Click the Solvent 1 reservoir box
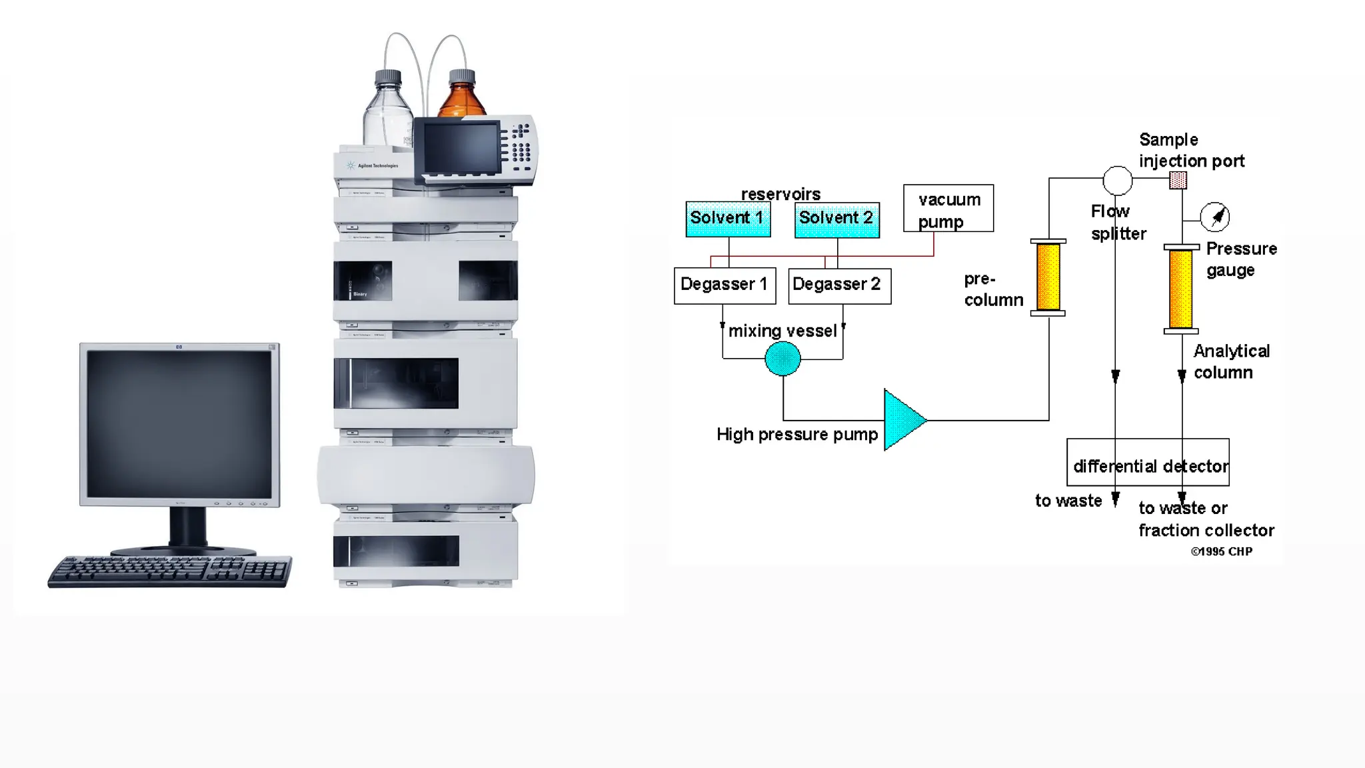point(728,219)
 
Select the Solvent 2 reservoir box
point(836,219)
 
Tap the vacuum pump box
point(948,209)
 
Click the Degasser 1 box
point(724,285)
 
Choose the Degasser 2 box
point(839,285)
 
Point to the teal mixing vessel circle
point(782,359)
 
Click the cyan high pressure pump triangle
point(901,420)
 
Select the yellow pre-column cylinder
point(1048,277)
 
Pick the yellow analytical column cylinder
point(1180,289)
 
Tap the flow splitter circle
point(1117,179)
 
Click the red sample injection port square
point(1178,180)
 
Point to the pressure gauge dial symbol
point(1214,217)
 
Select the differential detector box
point(1148,462)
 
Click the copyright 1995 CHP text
point(1222,551)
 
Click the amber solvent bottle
point(462,97)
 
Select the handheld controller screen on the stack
point(461,148)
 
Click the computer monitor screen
point(179,424)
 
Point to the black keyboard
point(170,571)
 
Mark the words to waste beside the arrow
point(1068,501)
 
